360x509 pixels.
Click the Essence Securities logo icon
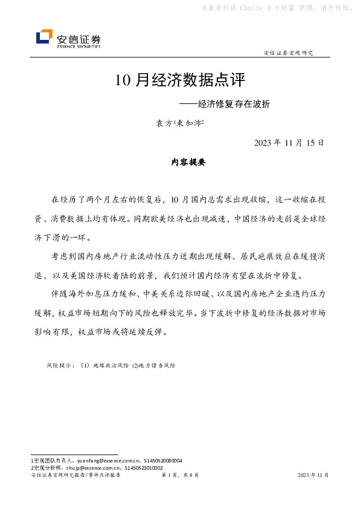[44, 37]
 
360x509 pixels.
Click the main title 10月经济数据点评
[181, 80]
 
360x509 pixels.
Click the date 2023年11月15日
[289, 143]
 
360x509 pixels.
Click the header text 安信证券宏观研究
[289, 53]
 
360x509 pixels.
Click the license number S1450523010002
[144, 467]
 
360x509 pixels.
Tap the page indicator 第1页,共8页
[180, 476]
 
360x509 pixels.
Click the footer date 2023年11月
[313, 476]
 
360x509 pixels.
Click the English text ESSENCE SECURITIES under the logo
[79, 45]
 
